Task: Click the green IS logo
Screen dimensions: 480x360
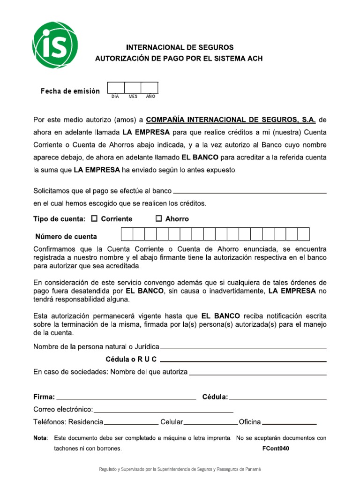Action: click(x=55, y=45)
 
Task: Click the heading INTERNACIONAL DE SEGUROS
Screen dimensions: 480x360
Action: click(x=180, y=47)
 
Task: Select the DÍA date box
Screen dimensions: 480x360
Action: click(x=116, y=88)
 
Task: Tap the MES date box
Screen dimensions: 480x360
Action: click(x=133, y=88)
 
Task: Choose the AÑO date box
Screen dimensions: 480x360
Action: click(x=150, y=88)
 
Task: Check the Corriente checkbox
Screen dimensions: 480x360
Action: click(x=94, y=218)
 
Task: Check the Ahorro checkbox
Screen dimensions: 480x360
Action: click(x=158, y=218)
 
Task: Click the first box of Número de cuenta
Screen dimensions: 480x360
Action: click(x=127, y=234)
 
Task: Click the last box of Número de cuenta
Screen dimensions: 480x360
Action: click(x=304, y=234)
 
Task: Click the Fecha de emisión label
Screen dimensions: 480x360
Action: click(x=70, y=91)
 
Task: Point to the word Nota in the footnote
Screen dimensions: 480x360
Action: click(x=41, y=438)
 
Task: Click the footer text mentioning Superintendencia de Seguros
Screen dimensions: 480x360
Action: click(x=180, y=469)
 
